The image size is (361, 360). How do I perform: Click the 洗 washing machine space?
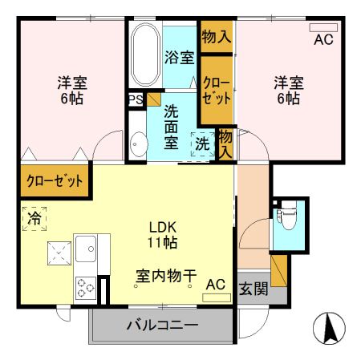(202, 144)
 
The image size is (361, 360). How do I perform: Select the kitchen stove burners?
(84, 286)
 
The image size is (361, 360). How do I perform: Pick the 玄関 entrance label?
(254, 289)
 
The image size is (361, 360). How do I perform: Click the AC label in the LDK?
(215, 284)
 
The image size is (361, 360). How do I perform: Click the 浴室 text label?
(179, 57)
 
